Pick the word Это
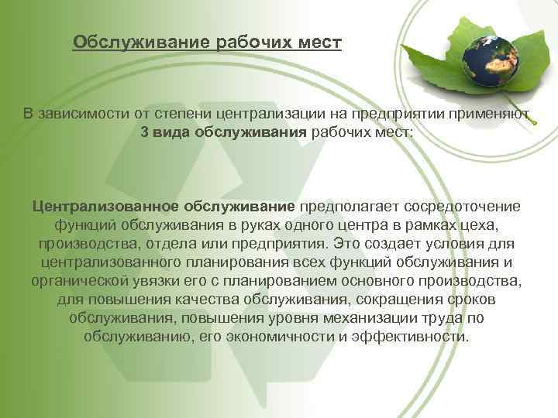coord(343,245)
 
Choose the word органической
coord(87,282)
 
